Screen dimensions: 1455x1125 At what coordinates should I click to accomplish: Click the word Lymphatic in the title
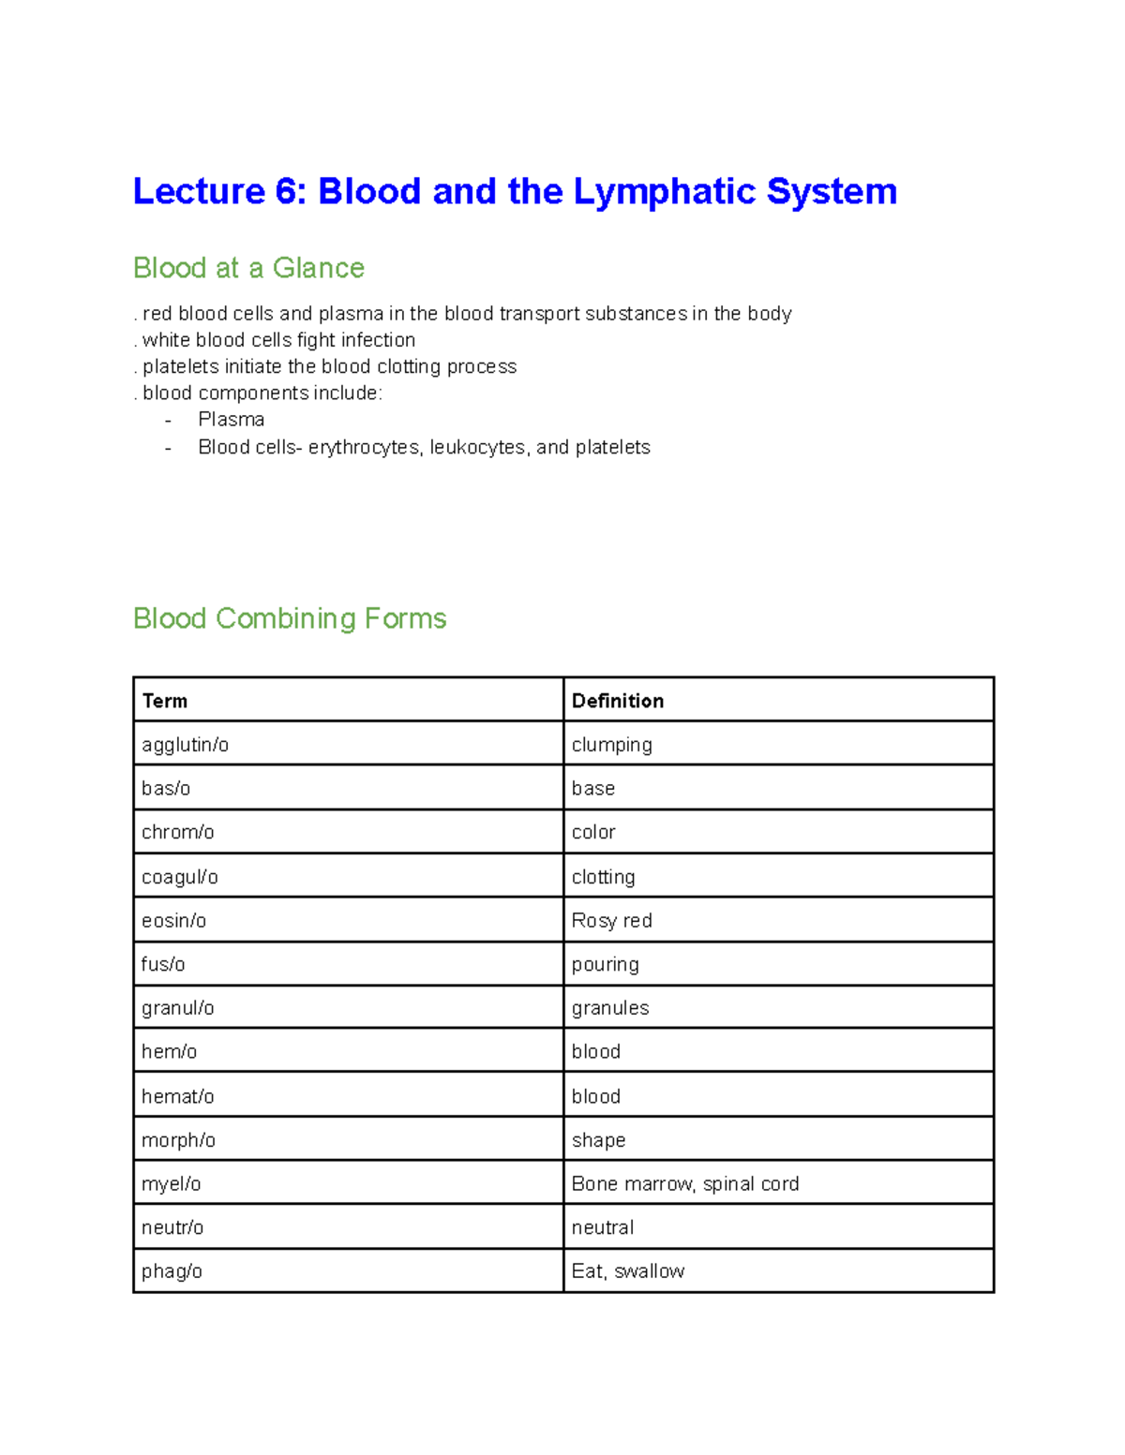(665, 192)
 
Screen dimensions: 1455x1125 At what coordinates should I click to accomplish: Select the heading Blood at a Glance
(248, 268)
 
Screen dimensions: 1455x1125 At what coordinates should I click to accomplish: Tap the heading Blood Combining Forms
(290, 618)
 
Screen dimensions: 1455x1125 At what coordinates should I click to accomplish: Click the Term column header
(165, 701)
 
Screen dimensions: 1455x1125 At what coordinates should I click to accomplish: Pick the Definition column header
(617, 701)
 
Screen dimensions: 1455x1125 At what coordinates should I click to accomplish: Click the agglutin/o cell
(185, 745)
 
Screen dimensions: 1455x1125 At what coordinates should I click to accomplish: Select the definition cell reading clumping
(611, 745)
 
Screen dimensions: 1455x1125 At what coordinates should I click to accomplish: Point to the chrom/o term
(177, 832)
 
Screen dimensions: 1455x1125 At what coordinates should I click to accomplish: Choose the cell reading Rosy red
(611, 920)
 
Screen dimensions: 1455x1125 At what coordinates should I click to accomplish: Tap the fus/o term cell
(163, 964)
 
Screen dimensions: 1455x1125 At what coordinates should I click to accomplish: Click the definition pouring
(605, 964)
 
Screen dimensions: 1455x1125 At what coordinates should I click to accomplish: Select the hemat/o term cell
(177, 1096)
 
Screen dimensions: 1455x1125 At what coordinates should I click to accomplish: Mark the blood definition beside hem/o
(595, 1051)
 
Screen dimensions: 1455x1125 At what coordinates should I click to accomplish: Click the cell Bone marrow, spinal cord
(684, 1183)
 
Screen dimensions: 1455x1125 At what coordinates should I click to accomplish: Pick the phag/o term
(172, 1271)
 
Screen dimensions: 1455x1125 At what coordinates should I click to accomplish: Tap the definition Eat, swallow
(627, 1271)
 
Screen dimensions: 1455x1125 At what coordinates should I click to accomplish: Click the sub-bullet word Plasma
(231, 420)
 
